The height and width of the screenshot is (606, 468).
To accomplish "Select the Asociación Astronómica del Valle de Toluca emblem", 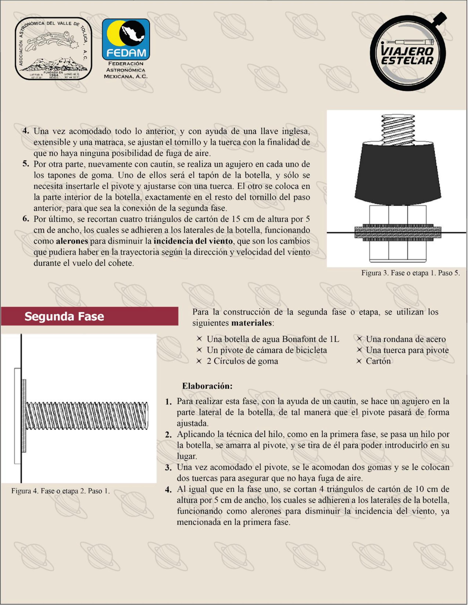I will [x=53, y=49].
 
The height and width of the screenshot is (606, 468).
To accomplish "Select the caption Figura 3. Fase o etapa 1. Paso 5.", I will [x=410, y=273].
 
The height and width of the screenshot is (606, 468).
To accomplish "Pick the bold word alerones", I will [x=72, y=241].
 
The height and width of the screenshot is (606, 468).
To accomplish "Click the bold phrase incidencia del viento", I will [x=193, y=241].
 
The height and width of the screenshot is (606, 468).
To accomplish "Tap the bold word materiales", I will [x=251, y=323].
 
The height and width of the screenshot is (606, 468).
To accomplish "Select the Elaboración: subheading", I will [x=207, y=386].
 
